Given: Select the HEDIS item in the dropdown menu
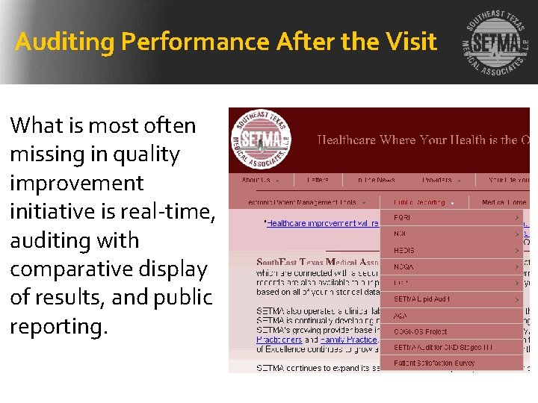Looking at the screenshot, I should (x=404, y=250).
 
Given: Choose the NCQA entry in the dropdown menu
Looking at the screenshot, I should (x=404, y=266).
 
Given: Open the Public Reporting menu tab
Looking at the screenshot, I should (x=420, y=201).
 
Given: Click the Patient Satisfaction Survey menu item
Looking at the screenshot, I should (x=434, y=363).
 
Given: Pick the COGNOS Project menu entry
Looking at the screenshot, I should (x=420, y=331).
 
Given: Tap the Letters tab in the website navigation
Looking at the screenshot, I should (x=317, y=180).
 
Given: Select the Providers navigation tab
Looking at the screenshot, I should (x=439, y=180).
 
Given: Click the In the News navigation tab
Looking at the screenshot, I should (x=376, y=180).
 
